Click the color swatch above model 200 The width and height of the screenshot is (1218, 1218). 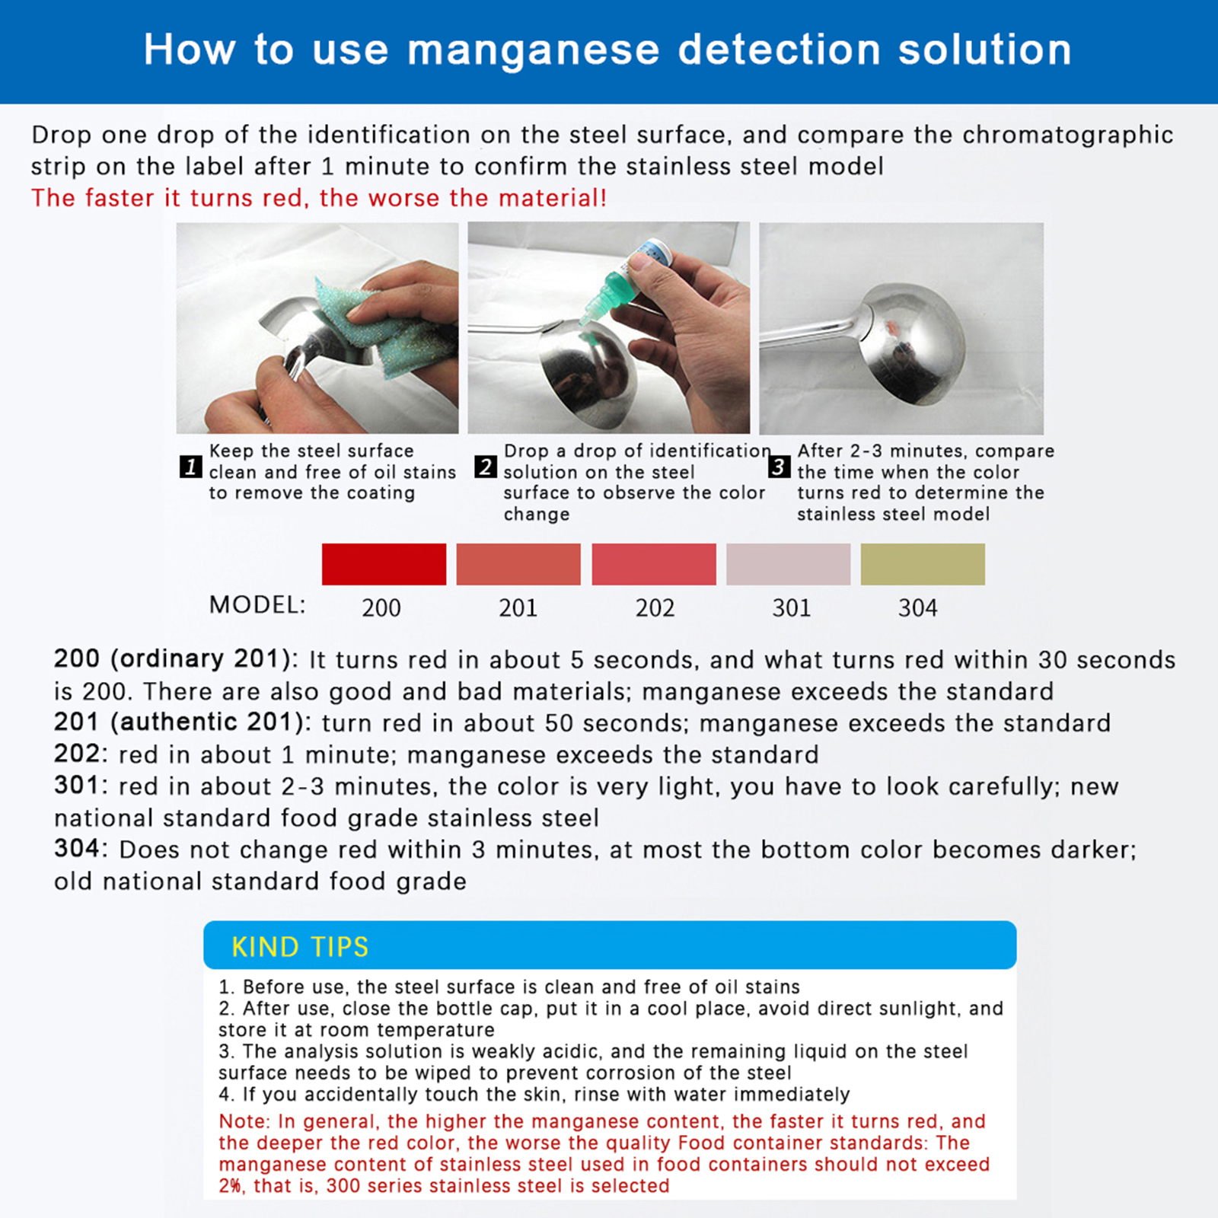(384, 564)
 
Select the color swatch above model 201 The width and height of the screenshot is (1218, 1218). (518, 564)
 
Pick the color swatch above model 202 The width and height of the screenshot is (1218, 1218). (654, 564)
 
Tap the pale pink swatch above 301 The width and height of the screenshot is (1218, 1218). (789, 564)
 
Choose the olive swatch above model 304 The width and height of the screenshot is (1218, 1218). (923, 564)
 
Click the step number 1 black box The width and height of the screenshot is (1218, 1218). (191, 467)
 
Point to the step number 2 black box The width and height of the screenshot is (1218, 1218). (486, 467)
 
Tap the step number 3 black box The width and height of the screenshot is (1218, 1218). (779, 467)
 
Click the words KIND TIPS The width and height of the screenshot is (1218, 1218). (300, 947)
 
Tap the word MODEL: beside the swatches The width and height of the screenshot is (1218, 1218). (257, 605)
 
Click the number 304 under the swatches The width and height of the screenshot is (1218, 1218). (918, 607)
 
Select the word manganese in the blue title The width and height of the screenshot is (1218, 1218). (534, 51)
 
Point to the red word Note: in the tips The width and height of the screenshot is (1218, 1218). (244, 1121)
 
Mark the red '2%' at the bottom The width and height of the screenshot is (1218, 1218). (231, 1186)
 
